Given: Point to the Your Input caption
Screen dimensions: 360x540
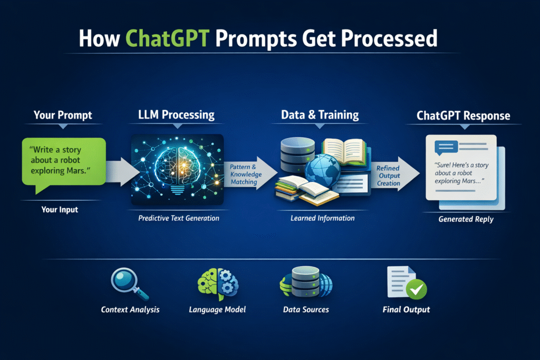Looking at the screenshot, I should coord(60,210).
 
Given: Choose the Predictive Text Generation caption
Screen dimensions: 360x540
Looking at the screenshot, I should coord(178,218).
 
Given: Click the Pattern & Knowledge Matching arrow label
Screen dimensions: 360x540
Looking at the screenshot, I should coord(244,174).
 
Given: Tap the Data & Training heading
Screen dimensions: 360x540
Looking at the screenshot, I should coord(320,114).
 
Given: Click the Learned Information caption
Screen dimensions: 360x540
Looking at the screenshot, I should coord(322,218).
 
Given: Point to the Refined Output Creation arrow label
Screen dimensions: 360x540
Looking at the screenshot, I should coord(389,176).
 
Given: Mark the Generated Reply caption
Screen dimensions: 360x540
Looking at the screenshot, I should coord(466,219).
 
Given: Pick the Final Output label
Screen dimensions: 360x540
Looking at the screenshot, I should coord(406,309).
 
